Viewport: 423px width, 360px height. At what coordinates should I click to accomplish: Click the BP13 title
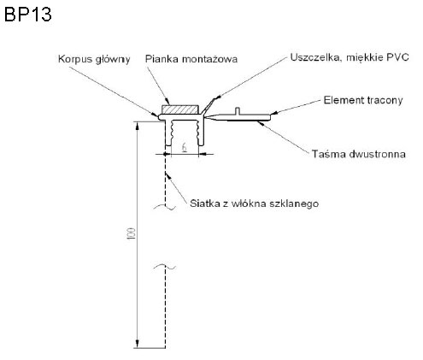click(x=28, y=15)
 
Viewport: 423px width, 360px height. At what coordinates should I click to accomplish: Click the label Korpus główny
click(x=94, y=59)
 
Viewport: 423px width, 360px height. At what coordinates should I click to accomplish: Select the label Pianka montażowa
click(x=191, y=59)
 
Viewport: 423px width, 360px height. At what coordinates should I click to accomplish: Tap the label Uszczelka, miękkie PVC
click(x=350, y=57)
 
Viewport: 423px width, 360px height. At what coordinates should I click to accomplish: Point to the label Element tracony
click(x=363, y=100)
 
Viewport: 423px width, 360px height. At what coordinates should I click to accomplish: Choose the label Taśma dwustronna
click(x=359, y=154)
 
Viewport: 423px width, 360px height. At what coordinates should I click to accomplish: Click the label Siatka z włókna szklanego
click(x=254, y=204)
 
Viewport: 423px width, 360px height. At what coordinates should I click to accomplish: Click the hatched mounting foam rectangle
click(x=180, y=109)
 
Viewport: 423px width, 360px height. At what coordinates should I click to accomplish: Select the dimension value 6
click(x=185, y=147)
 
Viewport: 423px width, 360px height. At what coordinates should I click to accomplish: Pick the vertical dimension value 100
click(x=132, y=233)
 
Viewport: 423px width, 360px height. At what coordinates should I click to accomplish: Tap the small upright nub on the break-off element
click(x=238, y=111)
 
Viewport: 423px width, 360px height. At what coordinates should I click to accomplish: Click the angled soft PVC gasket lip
click(x=208, y=105)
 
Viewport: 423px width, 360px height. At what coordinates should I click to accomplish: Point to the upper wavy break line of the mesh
click(x=165, y=207)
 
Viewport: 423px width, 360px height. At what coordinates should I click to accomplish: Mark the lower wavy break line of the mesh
click(x=165, y=267)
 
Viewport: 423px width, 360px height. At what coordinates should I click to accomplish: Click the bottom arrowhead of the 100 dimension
click(x=138, y=344)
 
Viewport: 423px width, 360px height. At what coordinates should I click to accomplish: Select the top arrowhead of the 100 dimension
click(x=138, y=126)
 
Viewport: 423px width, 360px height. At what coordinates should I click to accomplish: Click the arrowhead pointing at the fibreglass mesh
click(x=167, y=176)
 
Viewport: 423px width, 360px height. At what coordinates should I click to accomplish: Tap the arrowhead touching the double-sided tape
click(x=260, y=123)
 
